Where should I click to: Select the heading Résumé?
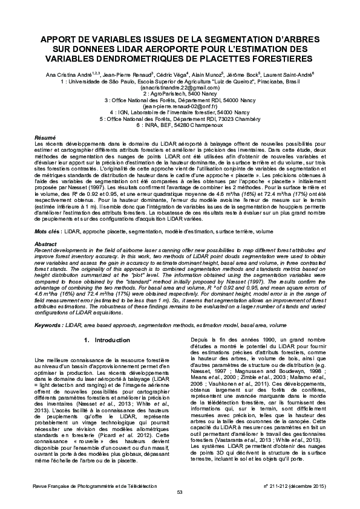click(45, 138)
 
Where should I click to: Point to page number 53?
click(180, 491)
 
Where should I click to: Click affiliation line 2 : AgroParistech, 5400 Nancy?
click(180, 94)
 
